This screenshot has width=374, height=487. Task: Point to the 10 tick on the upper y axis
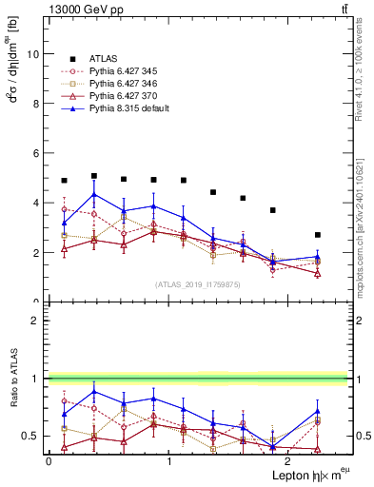coord(35,54)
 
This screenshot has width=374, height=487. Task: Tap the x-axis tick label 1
coord(169,461)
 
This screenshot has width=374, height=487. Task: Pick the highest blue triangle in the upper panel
coord(93,195)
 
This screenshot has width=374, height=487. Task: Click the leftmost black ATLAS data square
coord(64,181)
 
